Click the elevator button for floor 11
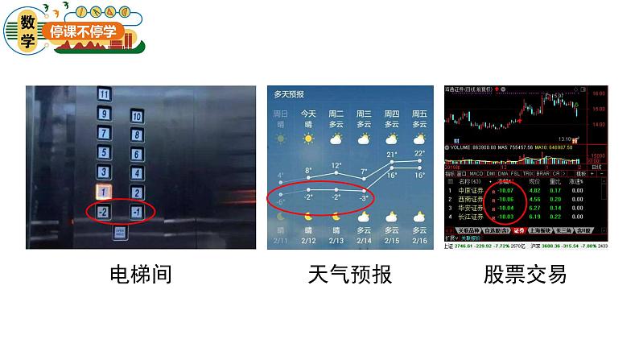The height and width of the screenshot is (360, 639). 104,93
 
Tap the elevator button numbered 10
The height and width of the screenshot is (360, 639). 137,116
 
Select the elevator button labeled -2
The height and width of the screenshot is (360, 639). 104,212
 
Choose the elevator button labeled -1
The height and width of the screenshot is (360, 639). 137,212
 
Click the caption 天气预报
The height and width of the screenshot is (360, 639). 350,275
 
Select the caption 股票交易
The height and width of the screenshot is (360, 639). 525,275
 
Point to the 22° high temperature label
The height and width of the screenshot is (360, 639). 419,153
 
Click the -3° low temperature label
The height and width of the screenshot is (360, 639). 364,197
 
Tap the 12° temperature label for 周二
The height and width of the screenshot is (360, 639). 336,165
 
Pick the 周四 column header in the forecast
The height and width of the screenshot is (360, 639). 392,114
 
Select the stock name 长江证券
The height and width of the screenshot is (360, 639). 472,217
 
